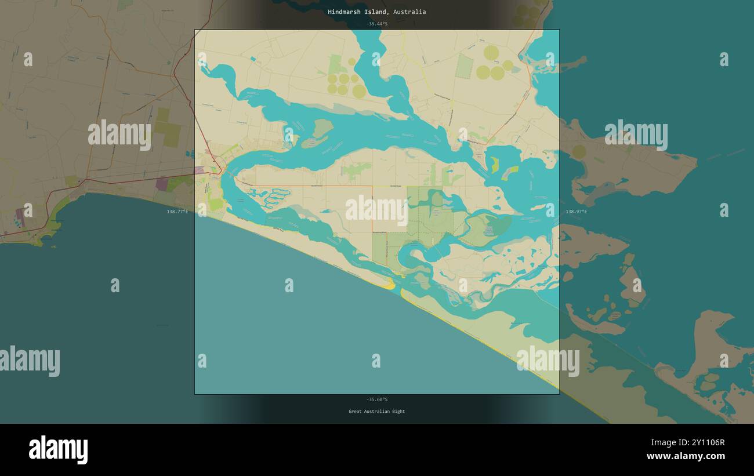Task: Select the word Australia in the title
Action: pyautogui.click(x=410, y=12)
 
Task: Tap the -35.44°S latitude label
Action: pyautogui.click(x=377, y=24)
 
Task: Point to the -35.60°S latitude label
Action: pyautogui.click(x=377, y=399)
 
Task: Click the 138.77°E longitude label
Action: pyautogui.click(x=177, y=212)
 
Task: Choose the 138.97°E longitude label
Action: pyautogui.click(x=576, y=212)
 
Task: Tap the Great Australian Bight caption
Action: pyautogui.click(x=377, y=412)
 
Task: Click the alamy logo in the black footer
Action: pyautogui.click(x=58, y=449)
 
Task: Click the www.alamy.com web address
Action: pyautogui.click(x=686, y=457)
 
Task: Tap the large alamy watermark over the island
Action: pyautogui.click(x=377, y=210)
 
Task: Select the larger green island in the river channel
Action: pyautogui.click(x=318, y=133)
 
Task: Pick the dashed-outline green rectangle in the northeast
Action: pyautogui.click(x=464, y=66)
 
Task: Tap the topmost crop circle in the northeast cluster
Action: pyautogui.click(x=491, y=53)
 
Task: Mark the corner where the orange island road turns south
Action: pyautogui.click(x=372, y=187)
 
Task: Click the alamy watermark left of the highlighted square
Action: pyautogui.click(x=119, y=135)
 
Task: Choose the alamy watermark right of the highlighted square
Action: pyautogui.click(x=636, y=135)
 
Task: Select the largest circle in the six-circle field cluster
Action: pyautogui.click(x=359, y=91)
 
